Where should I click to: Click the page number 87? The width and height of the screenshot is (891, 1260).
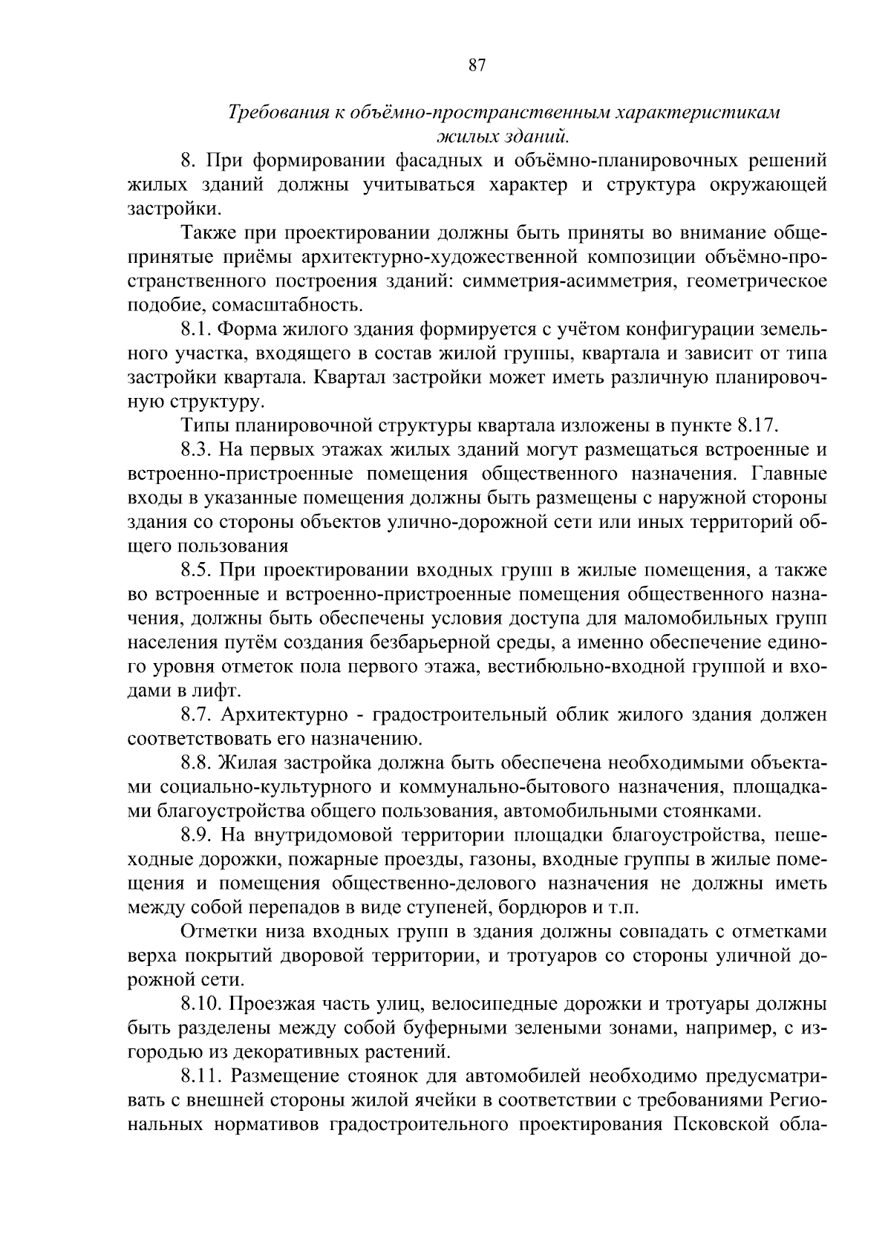coord(477,65)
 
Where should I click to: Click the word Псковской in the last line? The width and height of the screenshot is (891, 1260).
coord(711,1124)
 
